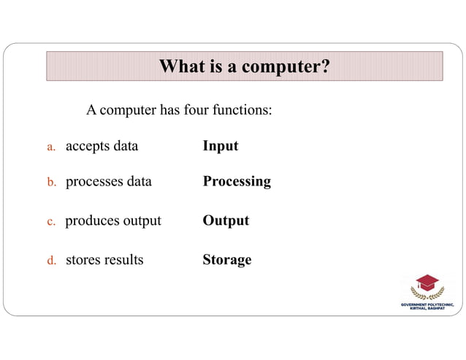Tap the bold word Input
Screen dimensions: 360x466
[221, 145]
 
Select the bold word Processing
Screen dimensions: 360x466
[237, 181]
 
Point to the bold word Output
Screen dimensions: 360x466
[226, 221]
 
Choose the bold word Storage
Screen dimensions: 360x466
[227, 260]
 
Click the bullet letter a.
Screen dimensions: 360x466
[52, 147]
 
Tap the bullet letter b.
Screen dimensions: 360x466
[52, 183]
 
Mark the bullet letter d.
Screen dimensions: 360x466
[52, 261]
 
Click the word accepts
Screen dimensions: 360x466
[87, 146]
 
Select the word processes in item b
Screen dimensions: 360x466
[93, 182]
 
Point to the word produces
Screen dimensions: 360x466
[93, 221]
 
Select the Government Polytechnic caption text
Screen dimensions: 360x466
[427, 306]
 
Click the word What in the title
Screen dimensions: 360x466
[181, 67]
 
